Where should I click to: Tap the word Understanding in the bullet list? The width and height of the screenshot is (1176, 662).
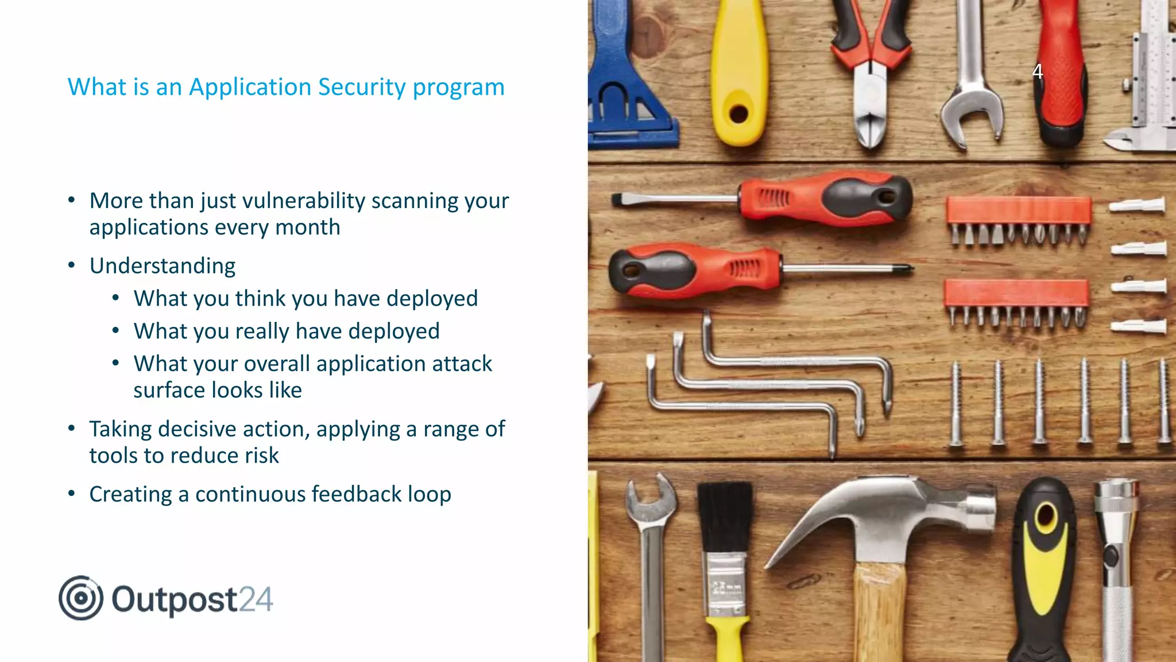(163, 266)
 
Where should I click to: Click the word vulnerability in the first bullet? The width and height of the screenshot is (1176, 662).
(304, 201)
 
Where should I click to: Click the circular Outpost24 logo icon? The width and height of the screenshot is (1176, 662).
(81, 598)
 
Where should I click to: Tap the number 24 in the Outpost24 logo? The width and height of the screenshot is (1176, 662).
(256, 599)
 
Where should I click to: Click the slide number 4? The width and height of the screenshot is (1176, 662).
(1037, 71)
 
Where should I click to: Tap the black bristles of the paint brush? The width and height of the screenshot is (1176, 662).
(725, 517)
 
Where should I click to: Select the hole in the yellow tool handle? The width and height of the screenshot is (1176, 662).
(738, 113)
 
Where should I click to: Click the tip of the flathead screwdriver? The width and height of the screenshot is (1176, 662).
(618, 200)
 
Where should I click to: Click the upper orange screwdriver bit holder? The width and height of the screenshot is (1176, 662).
(1019, 210)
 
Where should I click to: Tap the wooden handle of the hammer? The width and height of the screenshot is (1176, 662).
(879, 615)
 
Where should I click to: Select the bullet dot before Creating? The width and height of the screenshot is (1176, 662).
(71, 494)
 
